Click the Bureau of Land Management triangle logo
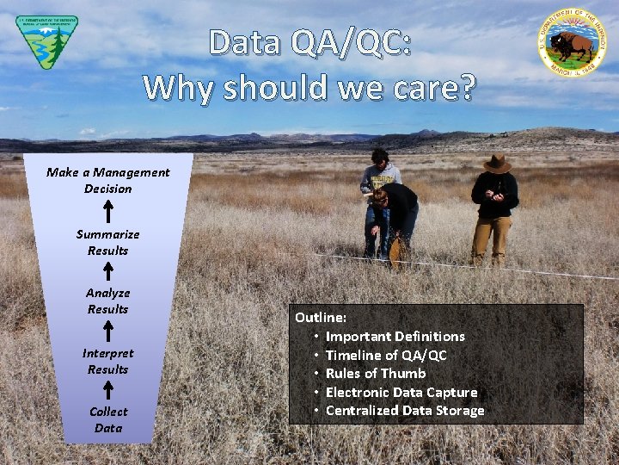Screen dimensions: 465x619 [x=46, y=40]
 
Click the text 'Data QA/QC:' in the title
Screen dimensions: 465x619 [x=309, y=43]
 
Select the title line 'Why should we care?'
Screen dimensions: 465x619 [x=309, y=87]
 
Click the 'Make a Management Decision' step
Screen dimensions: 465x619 [x=108, y=180]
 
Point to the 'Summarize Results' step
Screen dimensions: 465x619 [x=108, y=242]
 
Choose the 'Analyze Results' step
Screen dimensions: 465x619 [x=108, y=301]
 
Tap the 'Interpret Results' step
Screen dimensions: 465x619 [x=108, y=361]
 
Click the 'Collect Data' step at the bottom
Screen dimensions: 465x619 [x=108, y=419]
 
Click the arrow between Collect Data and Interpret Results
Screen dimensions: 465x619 [x=108, y=390]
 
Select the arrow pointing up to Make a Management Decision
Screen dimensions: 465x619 [x=108, y=211]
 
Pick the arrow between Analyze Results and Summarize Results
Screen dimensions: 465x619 [x=108, y=271]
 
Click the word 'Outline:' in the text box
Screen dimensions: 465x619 [x=321, y=318]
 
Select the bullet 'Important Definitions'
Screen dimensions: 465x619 [x=395, y=336]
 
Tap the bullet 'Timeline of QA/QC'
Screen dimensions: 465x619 [x=386, y=355]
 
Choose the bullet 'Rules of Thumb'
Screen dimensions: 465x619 [x=376, y=373]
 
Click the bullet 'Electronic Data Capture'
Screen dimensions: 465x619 [x=401, y=392]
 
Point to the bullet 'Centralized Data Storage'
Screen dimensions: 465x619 [x=405, y=411]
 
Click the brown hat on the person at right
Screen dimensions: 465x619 [x=496, y=162]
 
